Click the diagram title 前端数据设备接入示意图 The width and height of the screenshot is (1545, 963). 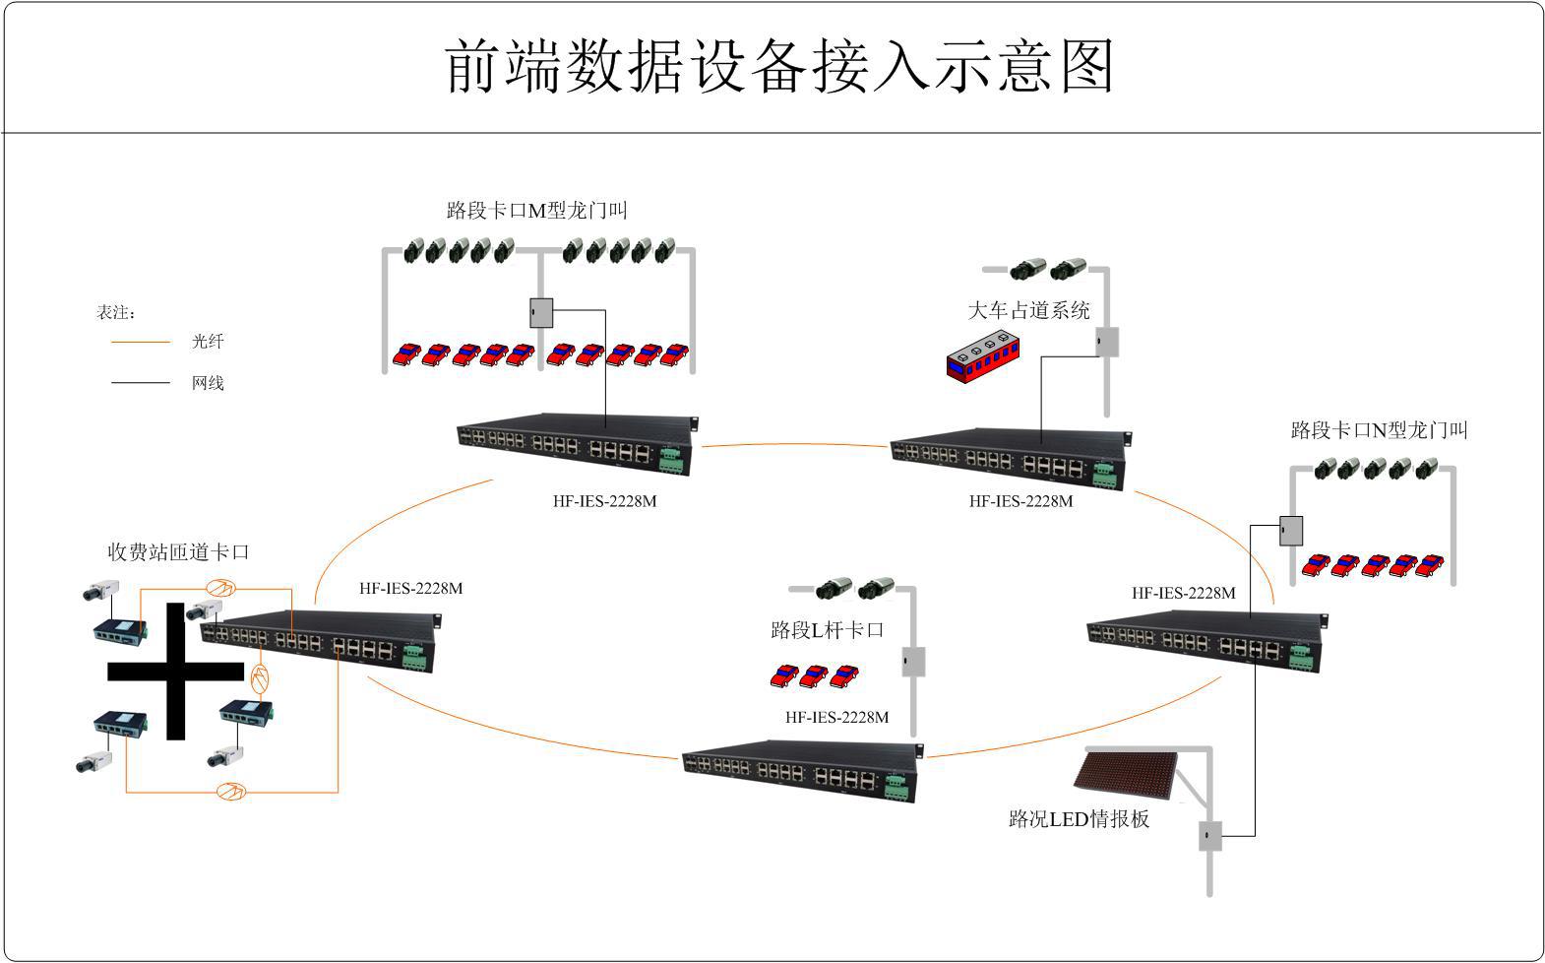(x=778, y=67)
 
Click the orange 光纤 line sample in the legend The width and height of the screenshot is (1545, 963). (x=141, y=343)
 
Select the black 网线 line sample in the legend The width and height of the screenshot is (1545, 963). (x=141, y=383)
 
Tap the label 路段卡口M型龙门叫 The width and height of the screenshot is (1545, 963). (x=536, y=211)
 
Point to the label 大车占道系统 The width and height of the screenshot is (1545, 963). (x=1028, y=311)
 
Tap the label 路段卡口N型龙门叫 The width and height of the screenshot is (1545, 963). (x=1379, y=430)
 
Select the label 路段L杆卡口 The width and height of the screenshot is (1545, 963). (x=827, y=630)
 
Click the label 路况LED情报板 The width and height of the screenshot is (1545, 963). (x=1079, y=819)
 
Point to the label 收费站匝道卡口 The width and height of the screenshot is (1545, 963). (x=178, y=552)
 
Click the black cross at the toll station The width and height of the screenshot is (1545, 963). (x=175, y=672)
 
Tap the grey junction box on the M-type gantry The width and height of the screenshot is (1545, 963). (x=541, y=313)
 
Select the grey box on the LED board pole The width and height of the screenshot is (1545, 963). (x=1209, y=836)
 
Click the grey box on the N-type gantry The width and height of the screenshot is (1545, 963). (x=1291, y=531)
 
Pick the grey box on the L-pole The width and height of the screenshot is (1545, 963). (x=914, y=662)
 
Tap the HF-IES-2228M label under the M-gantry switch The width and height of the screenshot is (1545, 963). (x=604, y=501)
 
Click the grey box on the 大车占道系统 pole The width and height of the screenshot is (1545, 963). (x=1107, y=342)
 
